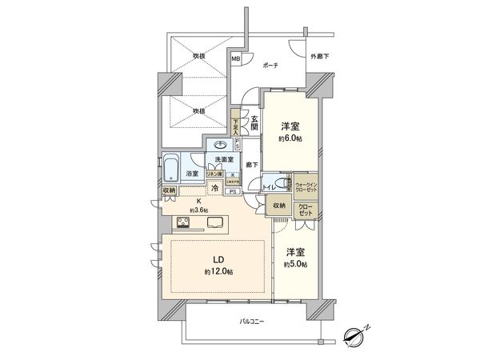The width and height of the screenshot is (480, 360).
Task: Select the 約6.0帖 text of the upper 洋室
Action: (290, 138)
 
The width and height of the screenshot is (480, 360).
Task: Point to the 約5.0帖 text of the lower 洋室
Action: (294, 263)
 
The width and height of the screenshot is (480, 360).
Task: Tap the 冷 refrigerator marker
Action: (215, 189)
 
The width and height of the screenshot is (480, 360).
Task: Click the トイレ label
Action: (270, 186)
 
